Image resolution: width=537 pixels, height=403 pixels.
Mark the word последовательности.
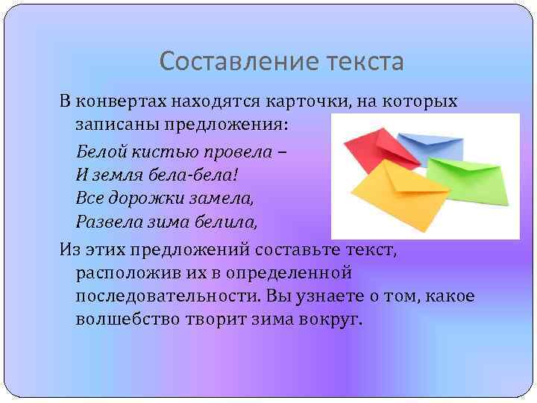[x=166, y=296]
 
